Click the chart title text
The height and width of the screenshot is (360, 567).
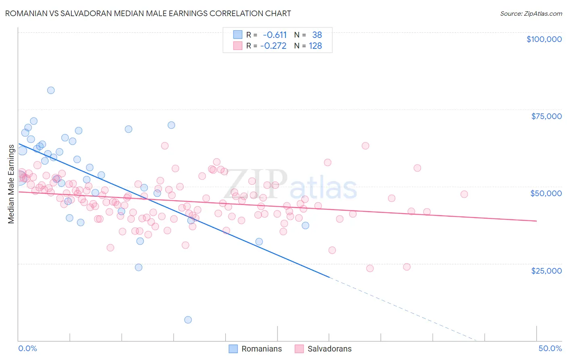[x=148, y=13]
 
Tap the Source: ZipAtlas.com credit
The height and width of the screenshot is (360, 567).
[x=531, y=13]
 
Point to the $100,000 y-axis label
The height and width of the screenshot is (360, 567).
[x=544, y=39]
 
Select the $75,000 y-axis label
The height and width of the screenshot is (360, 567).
[x=546, y=116]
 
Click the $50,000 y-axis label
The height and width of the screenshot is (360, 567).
[x=546, y=193]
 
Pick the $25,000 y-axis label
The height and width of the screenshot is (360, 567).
[x=546, y=270]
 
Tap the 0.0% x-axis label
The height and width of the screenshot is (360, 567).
[x=27, y=348]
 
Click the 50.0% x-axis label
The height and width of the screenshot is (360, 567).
[x=550, y=348]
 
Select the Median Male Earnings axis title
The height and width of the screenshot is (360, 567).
[x=11, y=184]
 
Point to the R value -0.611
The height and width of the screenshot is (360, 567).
[x=275, y=35]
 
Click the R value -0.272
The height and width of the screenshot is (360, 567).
[x=273, y=46]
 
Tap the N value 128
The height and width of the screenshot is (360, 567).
[x=315, y=46]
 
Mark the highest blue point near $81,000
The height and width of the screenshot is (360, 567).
[x=51, y=90]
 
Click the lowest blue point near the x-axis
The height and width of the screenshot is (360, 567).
[x=188, y=320]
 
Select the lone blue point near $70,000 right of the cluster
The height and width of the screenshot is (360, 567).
[x=171, y=125]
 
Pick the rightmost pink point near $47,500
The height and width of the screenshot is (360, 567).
[x=464, y=194]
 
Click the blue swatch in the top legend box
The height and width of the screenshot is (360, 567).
[x=238, y=35]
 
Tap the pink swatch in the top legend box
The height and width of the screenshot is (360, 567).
[x=238, y=46]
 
